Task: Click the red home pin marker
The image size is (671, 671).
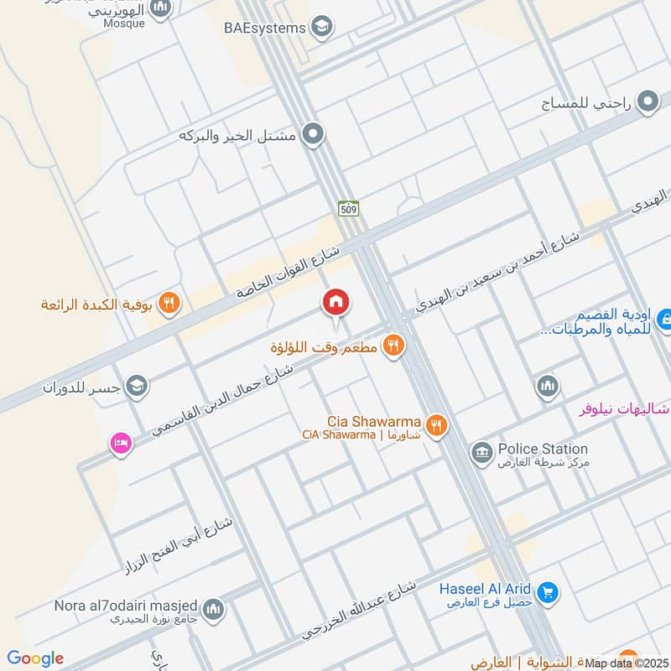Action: [336, 303]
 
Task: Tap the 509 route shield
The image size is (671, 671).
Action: [348, 207]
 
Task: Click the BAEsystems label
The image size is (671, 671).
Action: [264, 28]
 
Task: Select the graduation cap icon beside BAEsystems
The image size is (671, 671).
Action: [320, 28]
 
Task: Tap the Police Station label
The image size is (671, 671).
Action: [543, 449]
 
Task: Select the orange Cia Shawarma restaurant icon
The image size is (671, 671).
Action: [434, 425]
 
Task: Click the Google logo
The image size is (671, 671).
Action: [35, 658]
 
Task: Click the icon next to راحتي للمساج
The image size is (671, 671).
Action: [647, 104]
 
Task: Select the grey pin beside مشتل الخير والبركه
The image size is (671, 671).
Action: [313, 134]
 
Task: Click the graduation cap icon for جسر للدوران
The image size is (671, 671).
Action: [137, 386]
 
